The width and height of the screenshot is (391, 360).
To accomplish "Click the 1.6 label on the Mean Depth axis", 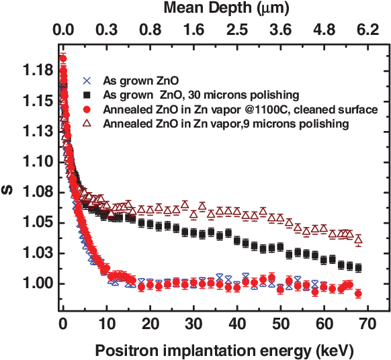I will [x=193, y=30].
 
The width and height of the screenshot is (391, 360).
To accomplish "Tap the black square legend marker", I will [x=84, y=95].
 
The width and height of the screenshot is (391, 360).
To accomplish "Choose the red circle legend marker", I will [x=84, y=109].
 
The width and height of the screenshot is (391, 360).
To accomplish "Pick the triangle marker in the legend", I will [x=84, y=124].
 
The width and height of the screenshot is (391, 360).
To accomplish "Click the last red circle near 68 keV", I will [x=358, y=294].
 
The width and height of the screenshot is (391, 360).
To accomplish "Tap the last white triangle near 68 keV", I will [x=358, y=240].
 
